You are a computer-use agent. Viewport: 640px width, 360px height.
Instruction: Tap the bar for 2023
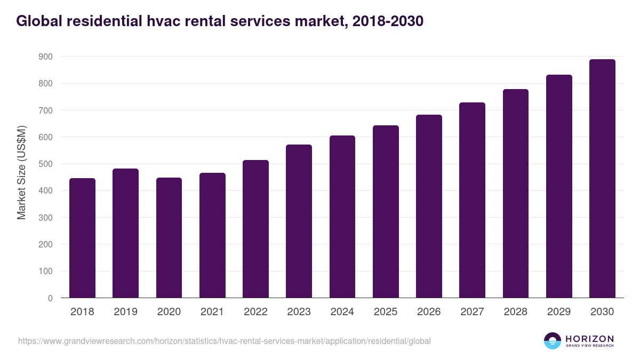[299, 221]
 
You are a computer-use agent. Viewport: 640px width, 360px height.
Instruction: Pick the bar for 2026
[429, 206]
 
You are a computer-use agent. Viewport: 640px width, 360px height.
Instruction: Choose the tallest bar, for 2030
[602, 179]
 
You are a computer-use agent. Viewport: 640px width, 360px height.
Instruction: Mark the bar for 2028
[515, 194]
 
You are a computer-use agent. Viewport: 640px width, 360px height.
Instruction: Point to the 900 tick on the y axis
[45, 57]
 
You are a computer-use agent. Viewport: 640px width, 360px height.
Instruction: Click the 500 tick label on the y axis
[45, 164]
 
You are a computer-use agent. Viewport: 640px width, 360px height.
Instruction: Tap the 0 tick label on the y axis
[50, 298]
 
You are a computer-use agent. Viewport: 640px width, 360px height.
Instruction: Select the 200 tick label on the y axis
[45, 244]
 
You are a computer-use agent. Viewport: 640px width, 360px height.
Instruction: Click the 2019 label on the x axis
[125, 312]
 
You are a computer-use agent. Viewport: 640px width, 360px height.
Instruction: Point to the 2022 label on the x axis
[255, 312]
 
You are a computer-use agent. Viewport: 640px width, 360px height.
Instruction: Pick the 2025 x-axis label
[386, 312]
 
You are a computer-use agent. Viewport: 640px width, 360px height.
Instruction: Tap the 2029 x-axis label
[559, 312]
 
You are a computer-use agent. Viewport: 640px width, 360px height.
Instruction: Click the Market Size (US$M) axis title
[21, 172]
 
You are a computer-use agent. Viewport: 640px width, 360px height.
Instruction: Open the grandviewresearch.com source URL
[224, 341]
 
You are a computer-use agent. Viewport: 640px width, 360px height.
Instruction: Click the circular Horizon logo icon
[553, 341]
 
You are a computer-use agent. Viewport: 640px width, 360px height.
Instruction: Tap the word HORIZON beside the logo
[589, 338]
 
